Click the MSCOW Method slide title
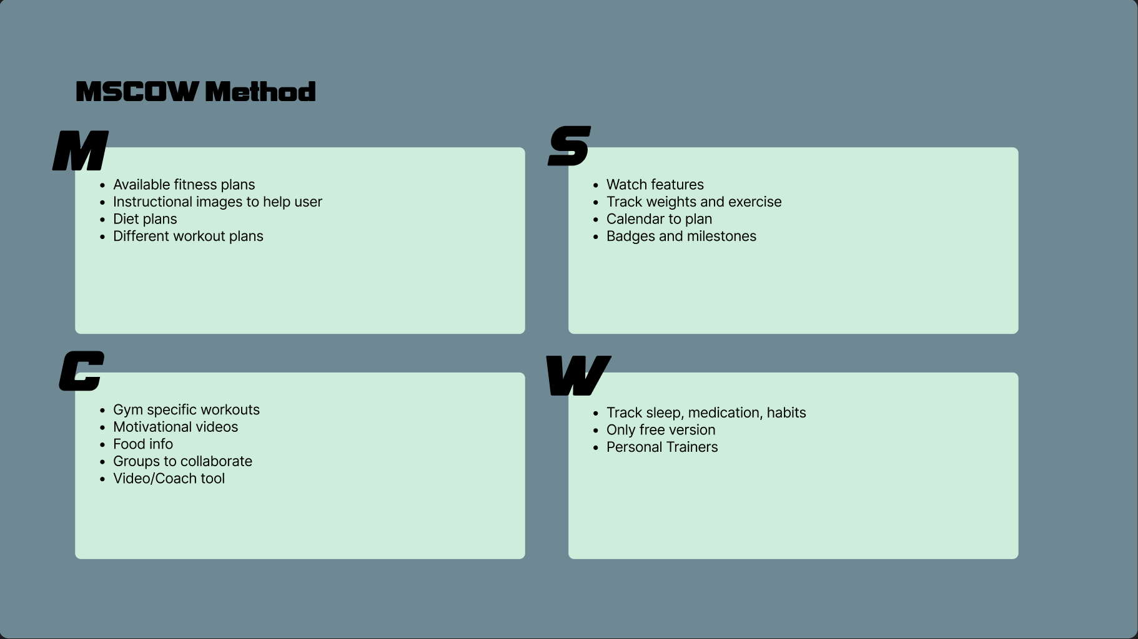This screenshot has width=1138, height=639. (195, 92)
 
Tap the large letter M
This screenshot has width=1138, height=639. (81, 151)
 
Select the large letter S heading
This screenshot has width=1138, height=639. (569, 146)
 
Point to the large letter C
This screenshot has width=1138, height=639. (81, 371)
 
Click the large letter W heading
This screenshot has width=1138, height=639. (578, 376)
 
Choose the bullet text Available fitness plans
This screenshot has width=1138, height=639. (184, 185)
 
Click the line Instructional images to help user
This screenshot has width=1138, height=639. (217, 202)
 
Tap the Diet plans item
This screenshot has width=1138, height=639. (145, 219)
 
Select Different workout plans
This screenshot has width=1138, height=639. (188, 237)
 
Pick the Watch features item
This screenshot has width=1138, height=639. (655, 185)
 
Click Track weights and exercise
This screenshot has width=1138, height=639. (694, 202)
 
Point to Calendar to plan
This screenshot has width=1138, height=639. (659, 219)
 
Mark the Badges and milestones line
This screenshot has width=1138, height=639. (681, 237)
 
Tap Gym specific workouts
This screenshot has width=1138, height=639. (186, 410)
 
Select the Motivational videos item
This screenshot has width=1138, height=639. (176, 427)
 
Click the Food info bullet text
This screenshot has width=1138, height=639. (143, 444)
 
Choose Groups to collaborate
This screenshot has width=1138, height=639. (182, 461)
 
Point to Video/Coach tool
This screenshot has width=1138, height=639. (169, 479)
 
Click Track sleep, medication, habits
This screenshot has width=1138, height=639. (706, 413)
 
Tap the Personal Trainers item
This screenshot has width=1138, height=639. (662, 447)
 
